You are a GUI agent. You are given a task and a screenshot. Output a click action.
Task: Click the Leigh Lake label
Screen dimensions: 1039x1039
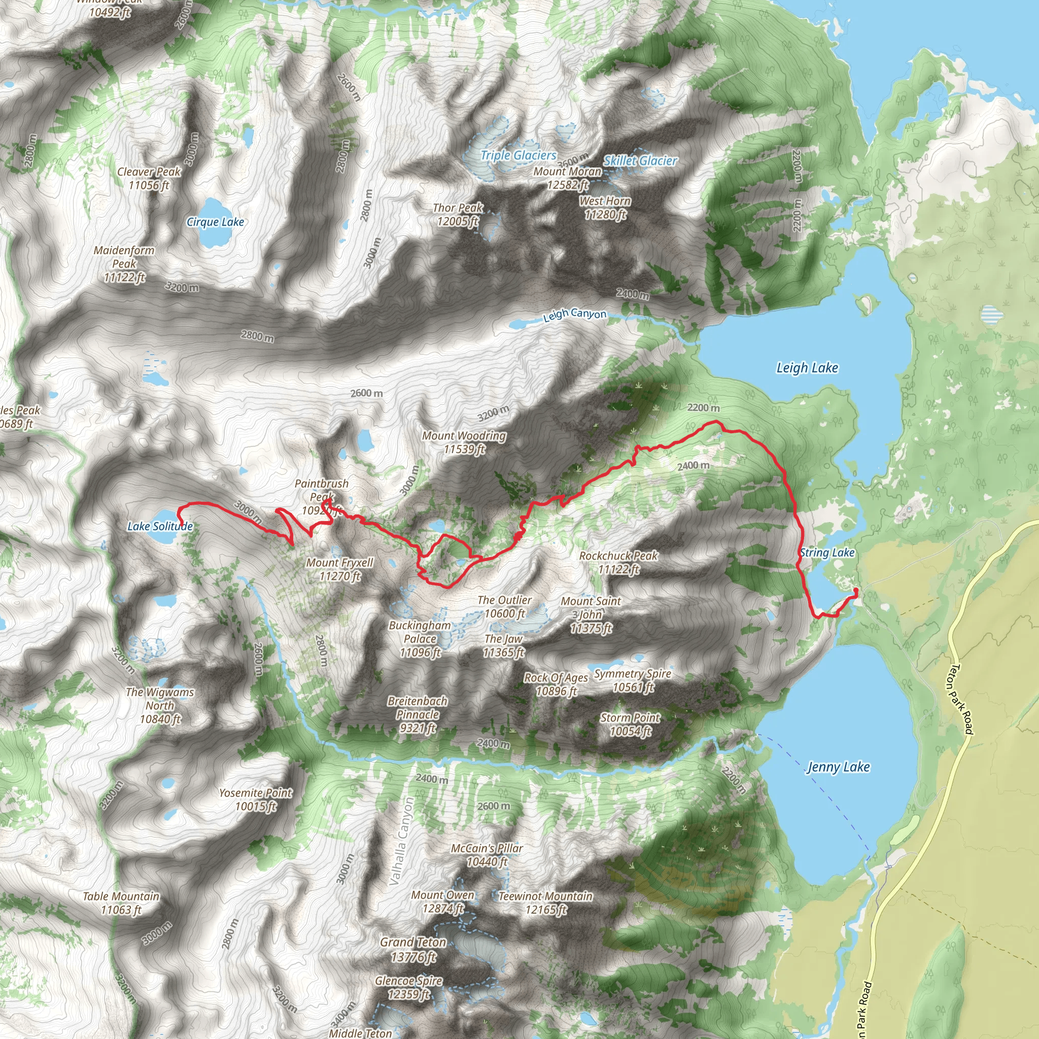tap(807, 368)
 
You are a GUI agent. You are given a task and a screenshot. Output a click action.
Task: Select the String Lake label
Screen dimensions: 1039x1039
tap(826, 552)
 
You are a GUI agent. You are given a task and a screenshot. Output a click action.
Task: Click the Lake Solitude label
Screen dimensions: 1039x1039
tap(160, 526)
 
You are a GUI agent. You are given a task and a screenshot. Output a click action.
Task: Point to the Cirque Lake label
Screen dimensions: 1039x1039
tap(215, 222)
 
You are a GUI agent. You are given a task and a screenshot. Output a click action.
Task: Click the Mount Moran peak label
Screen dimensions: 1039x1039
tap(567, 178)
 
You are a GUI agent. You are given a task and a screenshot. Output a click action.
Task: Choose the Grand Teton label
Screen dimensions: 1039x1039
tap(413, 949)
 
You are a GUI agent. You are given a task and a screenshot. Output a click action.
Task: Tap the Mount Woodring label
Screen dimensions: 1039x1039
tap(464, 442)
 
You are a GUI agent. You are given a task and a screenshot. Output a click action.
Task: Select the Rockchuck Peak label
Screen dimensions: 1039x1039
tap(618, 562)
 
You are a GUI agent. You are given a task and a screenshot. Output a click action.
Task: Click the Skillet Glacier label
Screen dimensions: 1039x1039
tap(640, 160)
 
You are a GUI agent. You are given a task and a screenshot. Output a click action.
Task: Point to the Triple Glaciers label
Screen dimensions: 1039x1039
tap(518, 155)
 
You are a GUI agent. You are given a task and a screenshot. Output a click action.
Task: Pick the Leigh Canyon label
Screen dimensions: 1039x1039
tap(574, 315)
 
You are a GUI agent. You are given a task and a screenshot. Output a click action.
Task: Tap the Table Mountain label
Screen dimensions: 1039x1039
tap(121, 903)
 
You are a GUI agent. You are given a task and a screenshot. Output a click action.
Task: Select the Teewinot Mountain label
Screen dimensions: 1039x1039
tap(545, 903)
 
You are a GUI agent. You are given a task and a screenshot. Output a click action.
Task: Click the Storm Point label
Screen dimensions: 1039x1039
tap(630, 724)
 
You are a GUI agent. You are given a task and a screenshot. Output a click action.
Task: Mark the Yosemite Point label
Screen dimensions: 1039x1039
tap(256, 799)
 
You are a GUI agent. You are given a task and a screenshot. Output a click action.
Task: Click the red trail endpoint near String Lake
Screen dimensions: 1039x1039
tap(856, 592)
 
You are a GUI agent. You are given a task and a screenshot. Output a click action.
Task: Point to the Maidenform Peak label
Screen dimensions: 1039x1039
tap(124, 263)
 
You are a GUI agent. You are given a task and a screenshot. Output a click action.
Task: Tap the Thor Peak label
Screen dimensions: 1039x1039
tap(458, 214)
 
